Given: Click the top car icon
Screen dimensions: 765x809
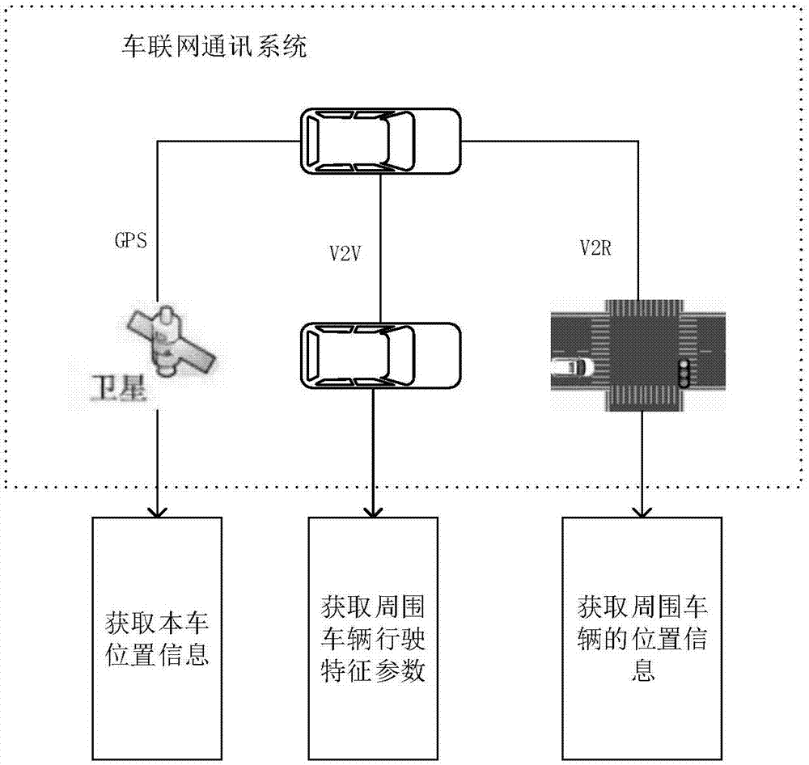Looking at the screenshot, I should pos(379,142).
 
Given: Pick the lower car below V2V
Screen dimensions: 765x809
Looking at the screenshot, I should pos(379,355).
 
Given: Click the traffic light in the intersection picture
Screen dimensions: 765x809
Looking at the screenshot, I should pos(685,374).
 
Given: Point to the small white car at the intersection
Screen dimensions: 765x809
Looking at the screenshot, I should pos(571,369).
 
